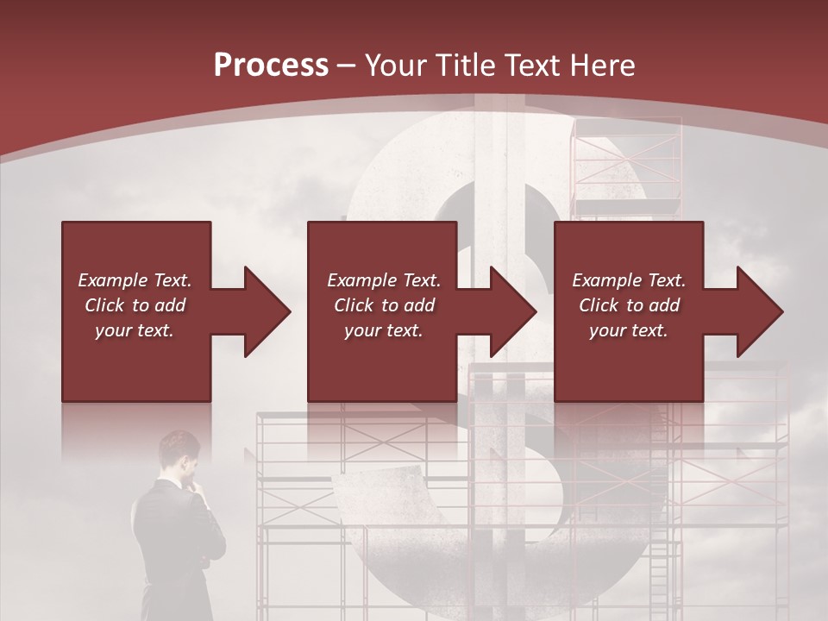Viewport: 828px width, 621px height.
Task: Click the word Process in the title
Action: [271, 66]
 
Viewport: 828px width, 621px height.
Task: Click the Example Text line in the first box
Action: [135, 280]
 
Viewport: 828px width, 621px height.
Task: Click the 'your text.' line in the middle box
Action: [384, 330]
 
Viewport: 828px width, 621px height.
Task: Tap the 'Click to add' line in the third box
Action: [629, 305]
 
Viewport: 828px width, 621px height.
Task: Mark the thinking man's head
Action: [180, 453]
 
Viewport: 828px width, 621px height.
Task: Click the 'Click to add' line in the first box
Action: [135, 305]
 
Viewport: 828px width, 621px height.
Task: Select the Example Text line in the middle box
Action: [384, 280]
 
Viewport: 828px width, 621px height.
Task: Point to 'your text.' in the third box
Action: [629, 330]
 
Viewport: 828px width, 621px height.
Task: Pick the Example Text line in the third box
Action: [629, 280]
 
